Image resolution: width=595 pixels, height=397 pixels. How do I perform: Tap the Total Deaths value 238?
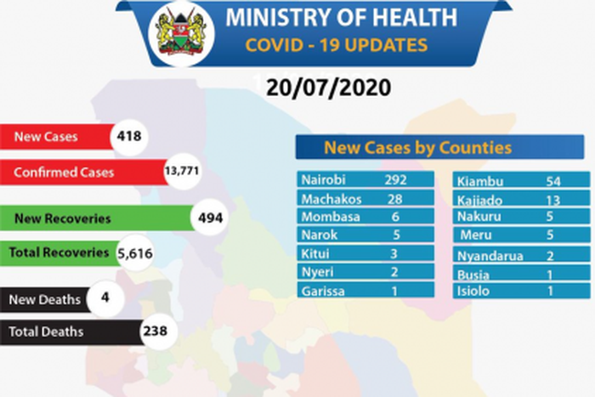[x=155, y=332]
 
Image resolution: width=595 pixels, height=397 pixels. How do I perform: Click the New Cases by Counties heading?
[x=417, y=148]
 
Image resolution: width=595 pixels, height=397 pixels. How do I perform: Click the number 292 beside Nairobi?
[x=394, y=180]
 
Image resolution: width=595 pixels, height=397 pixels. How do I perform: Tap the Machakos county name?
[x=331, y=199]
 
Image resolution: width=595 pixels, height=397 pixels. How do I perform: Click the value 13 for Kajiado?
[x=555, y=199]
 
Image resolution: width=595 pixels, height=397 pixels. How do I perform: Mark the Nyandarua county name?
[x=489, y=256]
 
